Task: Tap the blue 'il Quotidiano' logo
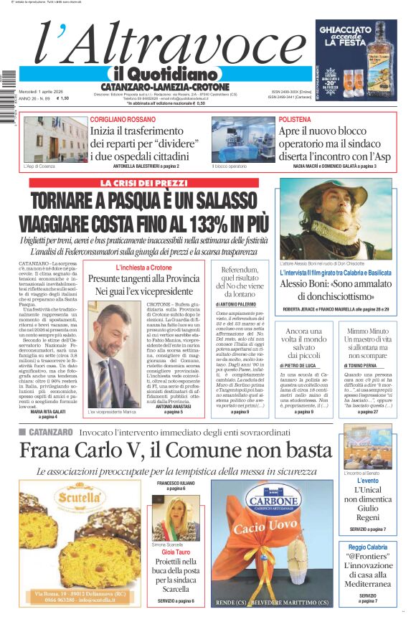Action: coord(164,74)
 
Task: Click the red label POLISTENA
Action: coord(295,119)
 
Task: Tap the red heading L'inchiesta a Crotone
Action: coord(141,268)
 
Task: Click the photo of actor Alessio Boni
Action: coord(336,220)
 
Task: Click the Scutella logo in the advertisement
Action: coord(80,498)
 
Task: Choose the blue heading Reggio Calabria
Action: coord(367,547)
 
